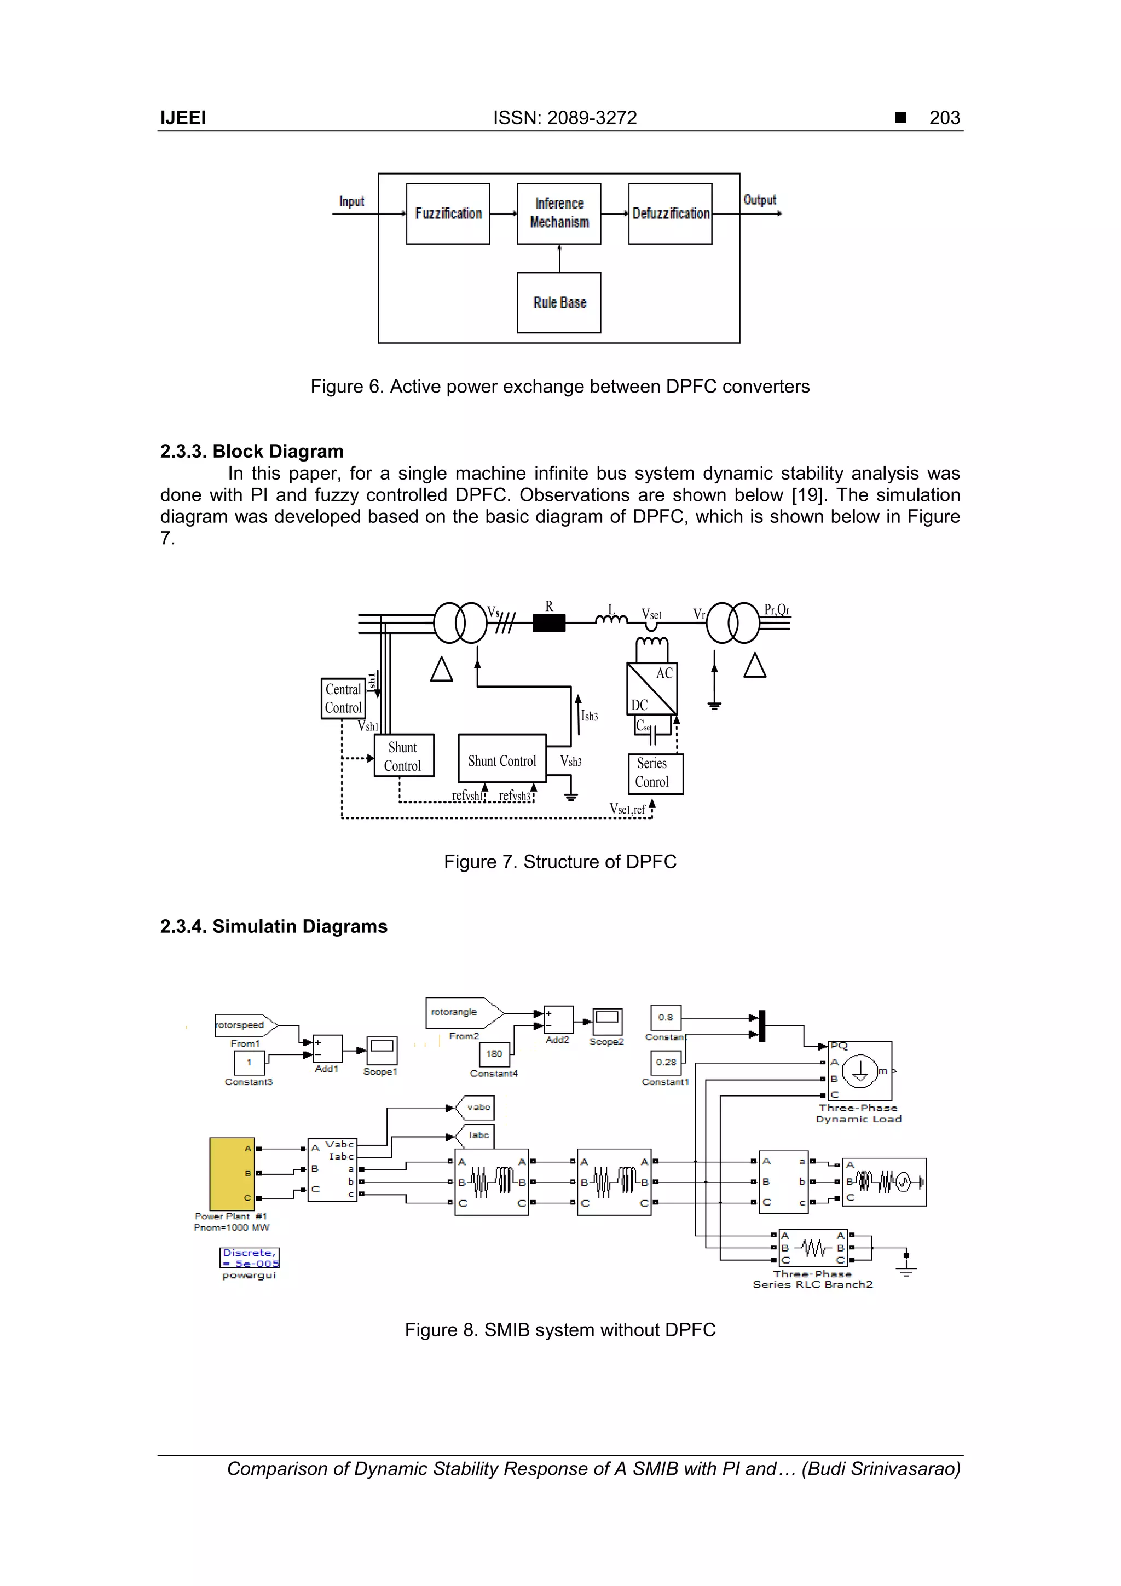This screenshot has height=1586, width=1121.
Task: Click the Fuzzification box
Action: coord(448,214)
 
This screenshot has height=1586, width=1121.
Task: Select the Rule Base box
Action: coord(559,303)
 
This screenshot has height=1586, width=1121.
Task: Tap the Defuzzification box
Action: coord(670,214)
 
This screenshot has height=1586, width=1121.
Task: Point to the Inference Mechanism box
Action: coord(559,214)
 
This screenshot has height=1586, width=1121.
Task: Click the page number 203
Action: coord(944,118)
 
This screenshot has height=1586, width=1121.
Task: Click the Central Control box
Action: coord(343,699)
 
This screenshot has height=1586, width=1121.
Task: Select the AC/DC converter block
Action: coord(651,688)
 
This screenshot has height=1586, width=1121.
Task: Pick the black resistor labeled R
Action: coord(549,623)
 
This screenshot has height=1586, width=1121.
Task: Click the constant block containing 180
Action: coord(494,1054)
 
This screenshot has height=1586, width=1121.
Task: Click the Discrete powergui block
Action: coord(250,1257)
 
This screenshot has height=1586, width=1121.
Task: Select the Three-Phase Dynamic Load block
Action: coord(860,1071)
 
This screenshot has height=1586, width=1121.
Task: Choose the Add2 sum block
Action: coord(558,1019)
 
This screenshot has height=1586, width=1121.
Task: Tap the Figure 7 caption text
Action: coord(559,861)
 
